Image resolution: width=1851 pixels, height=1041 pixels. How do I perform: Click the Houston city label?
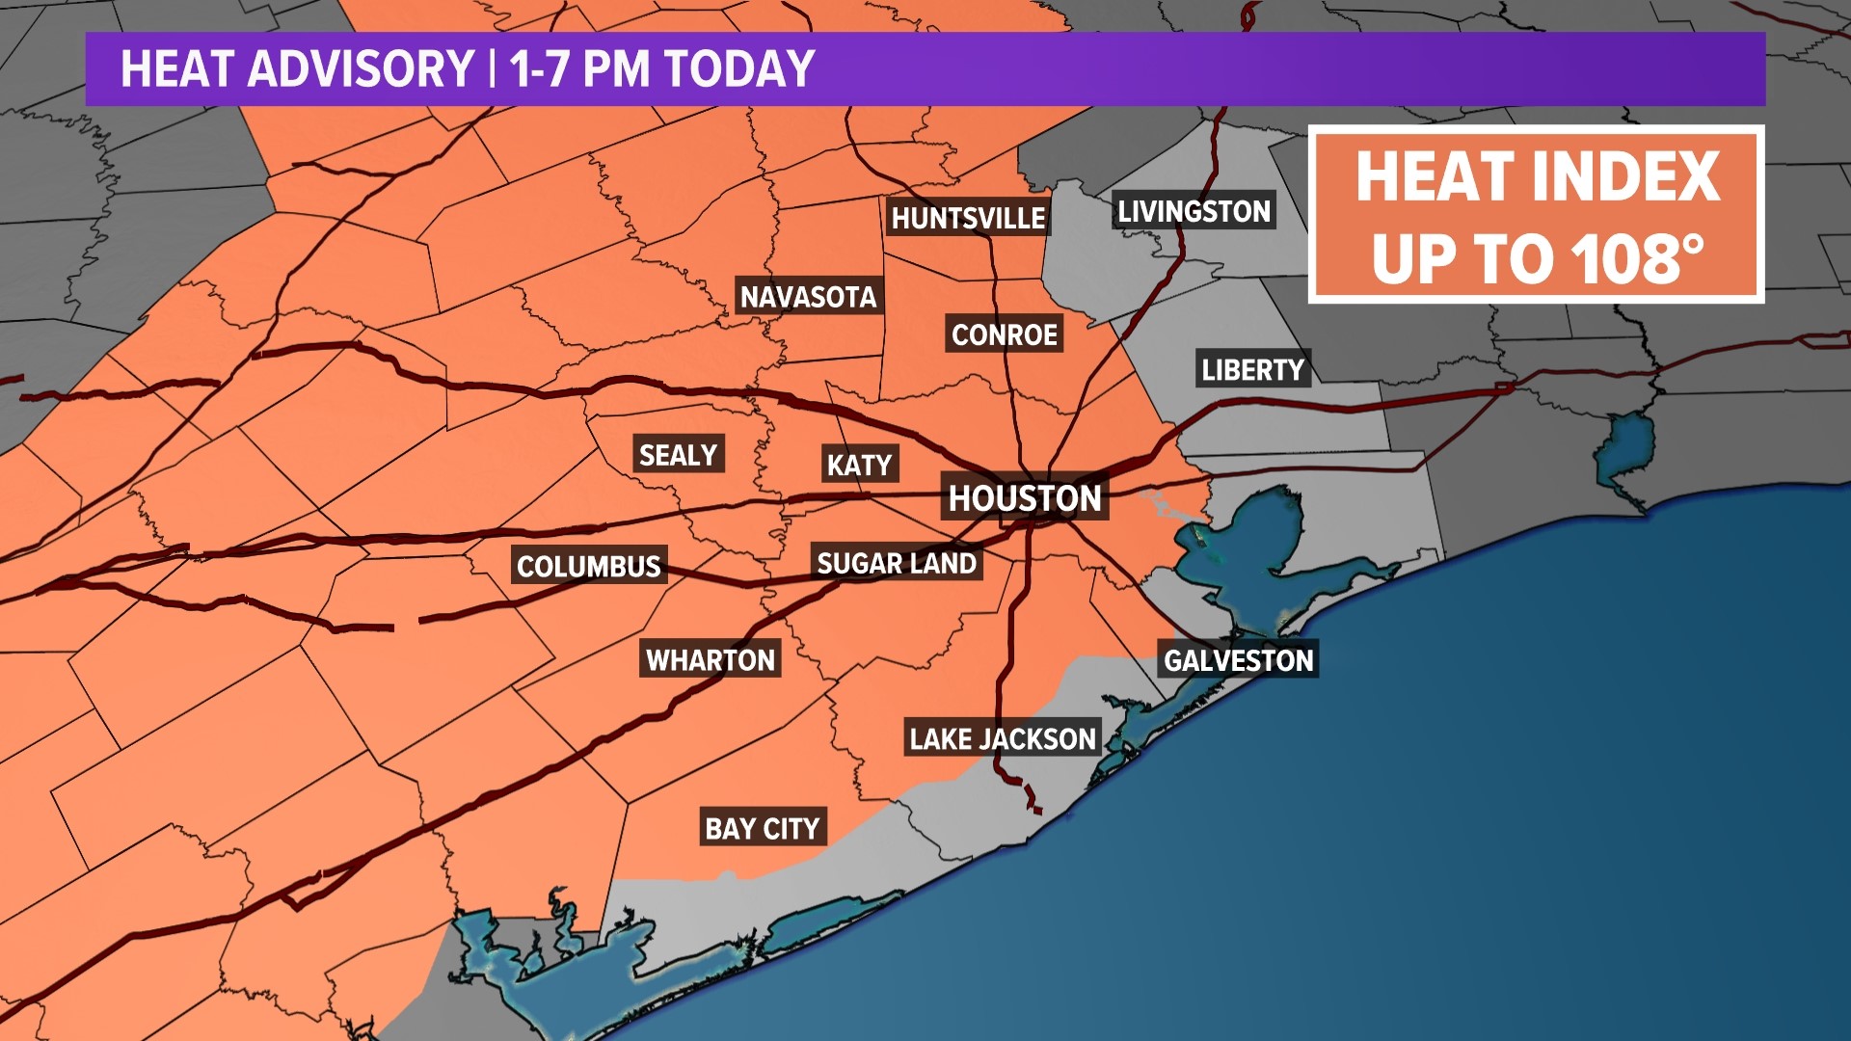[1025, 497]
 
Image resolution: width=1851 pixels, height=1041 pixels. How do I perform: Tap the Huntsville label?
[968, 218]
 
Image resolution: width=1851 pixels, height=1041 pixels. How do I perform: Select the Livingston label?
[1194, 210]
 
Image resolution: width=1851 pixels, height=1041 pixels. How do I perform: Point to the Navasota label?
[808, 296]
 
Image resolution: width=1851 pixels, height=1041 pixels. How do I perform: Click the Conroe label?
[1005, 334]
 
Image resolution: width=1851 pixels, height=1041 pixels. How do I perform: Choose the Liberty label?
[1252, 369]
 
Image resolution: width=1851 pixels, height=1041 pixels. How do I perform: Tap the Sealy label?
[678, 454]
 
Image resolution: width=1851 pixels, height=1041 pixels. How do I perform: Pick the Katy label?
[859, 465]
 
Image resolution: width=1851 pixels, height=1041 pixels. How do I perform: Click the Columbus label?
[589, 565]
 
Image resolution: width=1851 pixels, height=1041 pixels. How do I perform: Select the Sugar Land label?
[897, 563]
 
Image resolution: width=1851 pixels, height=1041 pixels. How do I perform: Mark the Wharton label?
[711, 659]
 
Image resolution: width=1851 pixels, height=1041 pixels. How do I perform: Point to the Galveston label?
[1238, 659]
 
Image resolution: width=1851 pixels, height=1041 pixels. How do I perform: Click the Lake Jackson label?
[1003, 738]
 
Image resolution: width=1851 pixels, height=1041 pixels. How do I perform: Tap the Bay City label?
[762, 827]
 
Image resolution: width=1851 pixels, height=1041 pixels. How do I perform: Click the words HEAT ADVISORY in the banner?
[297, 69]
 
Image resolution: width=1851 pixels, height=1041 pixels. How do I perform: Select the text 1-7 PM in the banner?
[581, 69]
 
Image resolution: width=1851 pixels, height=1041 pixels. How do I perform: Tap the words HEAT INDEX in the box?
[1537, 177]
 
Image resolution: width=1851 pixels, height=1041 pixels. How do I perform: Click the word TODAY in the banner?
[739, 69]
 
